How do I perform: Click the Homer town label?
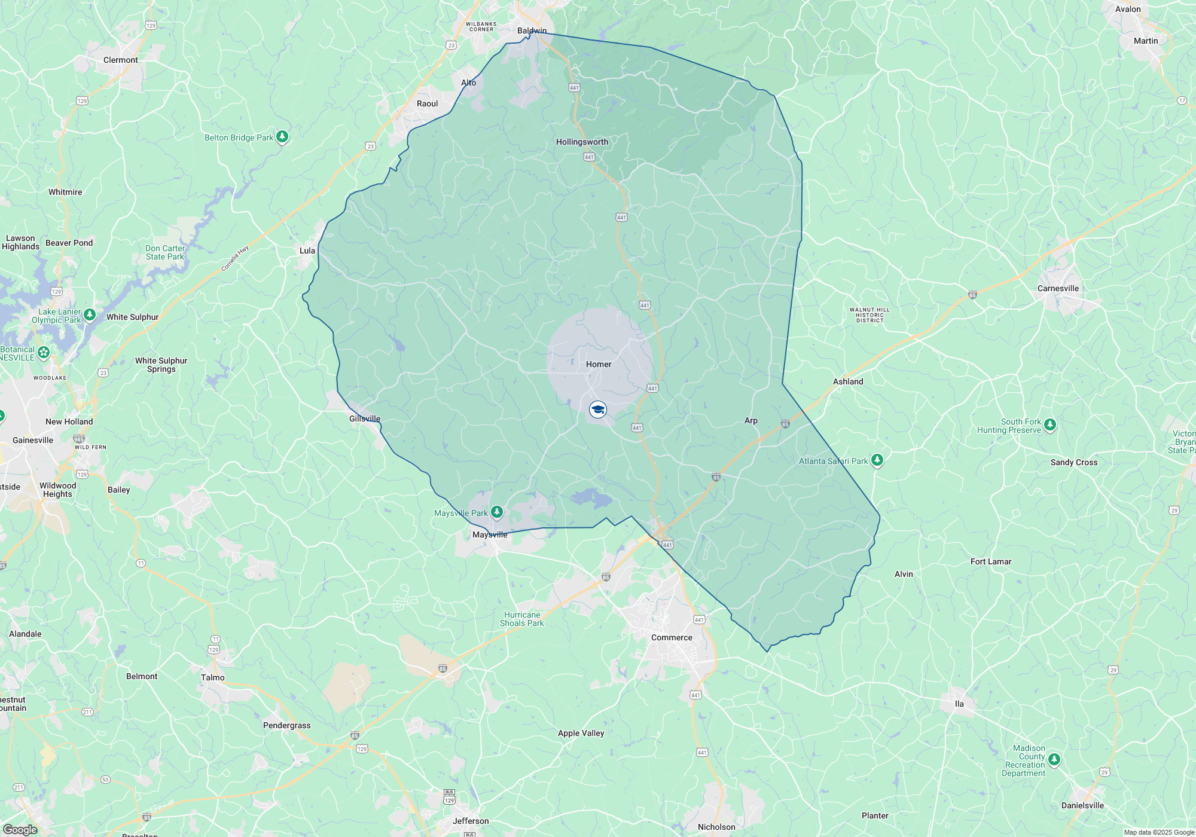click(599, 364)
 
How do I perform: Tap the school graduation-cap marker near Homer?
click(598, 410)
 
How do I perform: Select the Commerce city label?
click(672, 637)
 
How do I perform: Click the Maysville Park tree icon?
click(497, 512)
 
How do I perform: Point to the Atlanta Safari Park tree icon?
click(877, 460)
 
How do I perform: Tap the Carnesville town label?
click(1058, 288)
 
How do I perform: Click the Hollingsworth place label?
click(582, 142)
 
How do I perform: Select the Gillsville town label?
click(365, 418)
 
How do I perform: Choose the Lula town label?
click(307, 251)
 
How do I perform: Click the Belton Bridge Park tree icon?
click(282, 136)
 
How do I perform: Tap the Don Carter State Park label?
click(165, 252)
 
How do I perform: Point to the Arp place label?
click(751, 420)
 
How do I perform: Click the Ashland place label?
click(848, 381)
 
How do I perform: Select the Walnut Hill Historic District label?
click(869, 315)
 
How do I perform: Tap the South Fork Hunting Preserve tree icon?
click(1050, 424)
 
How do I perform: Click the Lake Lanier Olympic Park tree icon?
click(90, 314)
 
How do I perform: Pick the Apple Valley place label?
click(581, 733)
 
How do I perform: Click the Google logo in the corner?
click(20, 829)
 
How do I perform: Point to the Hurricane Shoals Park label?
click(522, 619)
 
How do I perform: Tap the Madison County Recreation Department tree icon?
click(1054, 759)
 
